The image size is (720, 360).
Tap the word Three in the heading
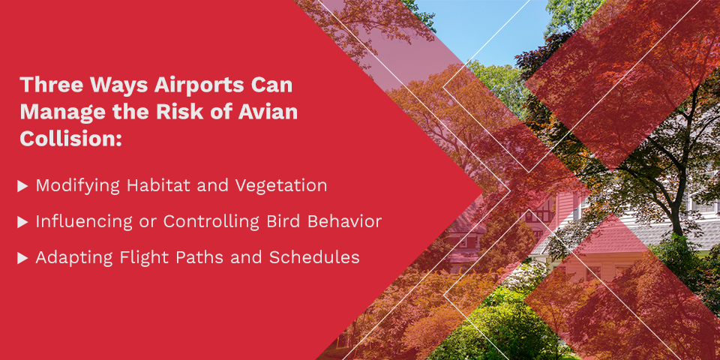(49, 85)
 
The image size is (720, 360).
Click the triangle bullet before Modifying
(23, 186)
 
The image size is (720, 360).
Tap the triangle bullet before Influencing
(23, 222)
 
